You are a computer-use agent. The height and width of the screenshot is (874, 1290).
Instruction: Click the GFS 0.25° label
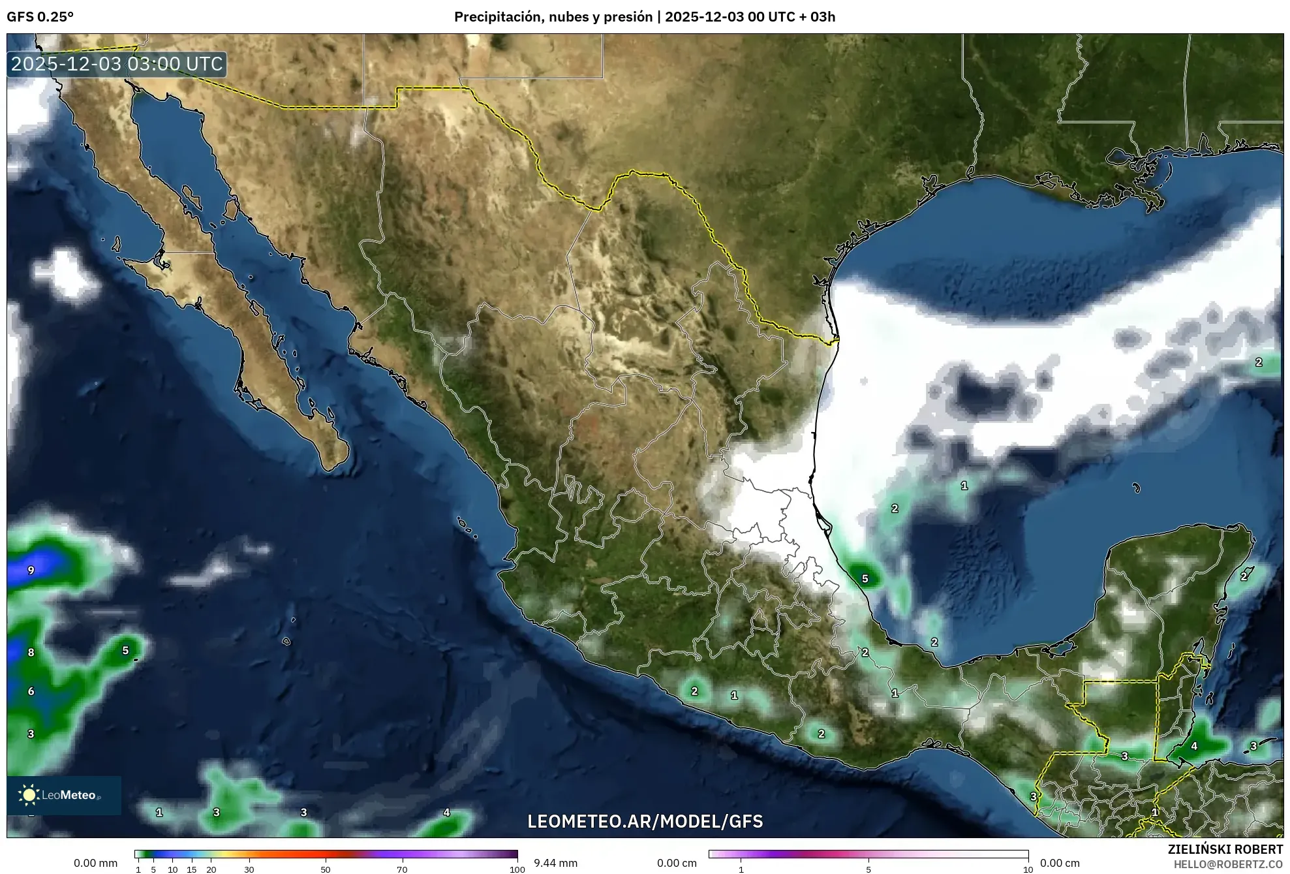pyautogui.click(x=40, y=17)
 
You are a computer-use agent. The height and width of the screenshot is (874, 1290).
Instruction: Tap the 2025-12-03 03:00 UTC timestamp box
pyautogui.click(x=117, y=64)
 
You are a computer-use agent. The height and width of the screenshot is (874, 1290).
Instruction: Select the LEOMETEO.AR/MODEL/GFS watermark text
pyautogui.click(x=645, y=821)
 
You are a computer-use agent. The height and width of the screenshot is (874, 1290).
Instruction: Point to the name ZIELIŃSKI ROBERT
pyautogui.click(x=1225, y=849)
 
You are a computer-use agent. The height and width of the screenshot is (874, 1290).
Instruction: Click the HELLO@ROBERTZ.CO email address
pyautogui.click(x=1228, y=864)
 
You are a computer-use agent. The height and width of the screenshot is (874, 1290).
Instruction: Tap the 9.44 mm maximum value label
pyautogui.click(x=555, y=863)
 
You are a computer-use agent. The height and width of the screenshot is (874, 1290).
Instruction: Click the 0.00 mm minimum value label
pyautogui.click(x=95, y=863)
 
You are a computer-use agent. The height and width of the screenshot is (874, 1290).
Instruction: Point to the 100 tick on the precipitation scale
pyautogui.click(x=517, y=869)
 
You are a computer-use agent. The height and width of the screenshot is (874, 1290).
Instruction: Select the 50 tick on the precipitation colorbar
pyautogui.click(x=326, y=869)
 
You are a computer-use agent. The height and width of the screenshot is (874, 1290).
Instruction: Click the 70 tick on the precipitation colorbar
pyautogui.click(x=402, y=869)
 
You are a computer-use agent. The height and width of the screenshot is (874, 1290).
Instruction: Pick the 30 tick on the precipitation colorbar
pyautogui.click(x=249, y=869)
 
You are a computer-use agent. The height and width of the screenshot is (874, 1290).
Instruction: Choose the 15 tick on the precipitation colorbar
pyautogui.click(x=192, y=869)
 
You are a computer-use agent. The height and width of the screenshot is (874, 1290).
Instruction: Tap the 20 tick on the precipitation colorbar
pyautogui.click(x=211, y=869)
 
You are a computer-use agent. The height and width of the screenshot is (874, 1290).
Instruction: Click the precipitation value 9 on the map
pyautogui.click(x=31, y=570)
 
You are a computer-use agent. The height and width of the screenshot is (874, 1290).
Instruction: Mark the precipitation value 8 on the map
pyautogui.click(x=31, y=652)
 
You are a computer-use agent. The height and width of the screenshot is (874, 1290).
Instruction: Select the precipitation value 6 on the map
pyautogui.click(x=31, y=691)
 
